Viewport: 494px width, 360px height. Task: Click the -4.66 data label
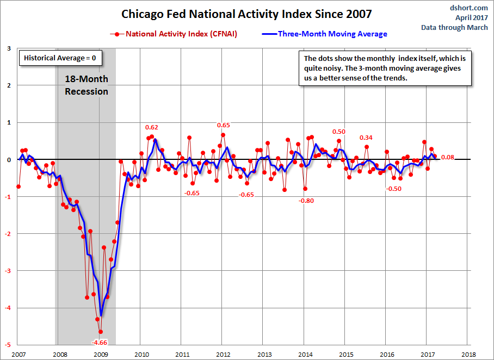(100, 343)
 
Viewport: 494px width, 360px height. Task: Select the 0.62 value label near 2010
(152, 127)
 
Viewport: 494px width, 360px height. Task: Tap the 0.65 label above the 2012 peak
(223, 125)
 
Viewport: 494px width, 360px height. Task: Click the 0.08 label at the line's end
(448, 158)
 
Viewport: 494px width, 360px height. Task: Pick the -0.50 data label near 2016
(393, 189)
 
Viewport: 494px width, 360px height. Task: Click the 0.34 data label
(366, 137)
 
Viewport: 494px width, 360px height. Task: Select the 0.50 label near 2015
(339, 132)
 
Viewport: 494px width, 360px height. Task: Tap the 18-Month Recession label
(87, 85)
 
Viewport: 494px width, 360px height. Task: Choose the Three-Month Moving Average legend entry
(332, 34)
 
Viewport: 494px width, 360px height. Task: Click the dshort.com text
(470, 8)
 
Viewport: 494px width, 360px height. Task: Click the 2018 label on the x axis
(468, 355)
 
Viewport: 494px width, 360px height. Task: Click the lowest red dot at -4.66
(100, 332)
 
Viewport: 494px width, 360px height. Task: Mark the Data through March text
(455, 28)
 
